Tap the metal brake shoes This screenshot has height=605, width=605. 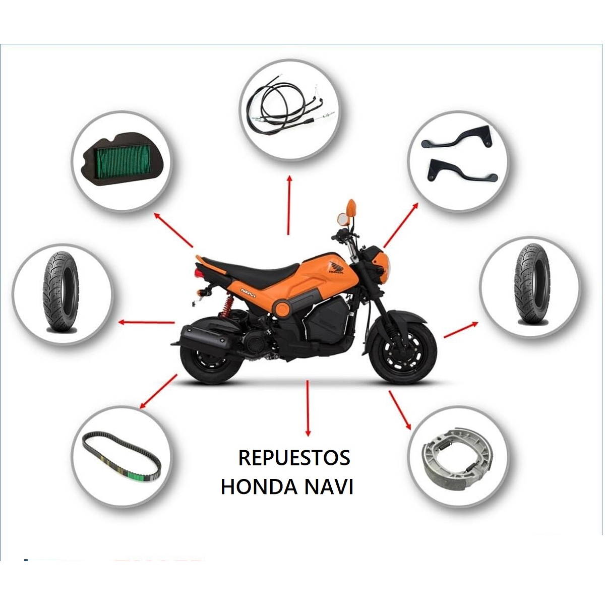pyautogui.click(x=457, y=457)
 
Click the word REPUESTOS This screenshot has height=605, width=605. pyautogui.click(x=294, y=458)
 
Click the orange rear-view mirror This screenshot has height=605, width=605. pyautogui.click(x=351, y=207)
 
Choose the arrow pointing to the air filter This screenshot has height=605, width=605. pyautogui.click(x=173, y=230)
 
